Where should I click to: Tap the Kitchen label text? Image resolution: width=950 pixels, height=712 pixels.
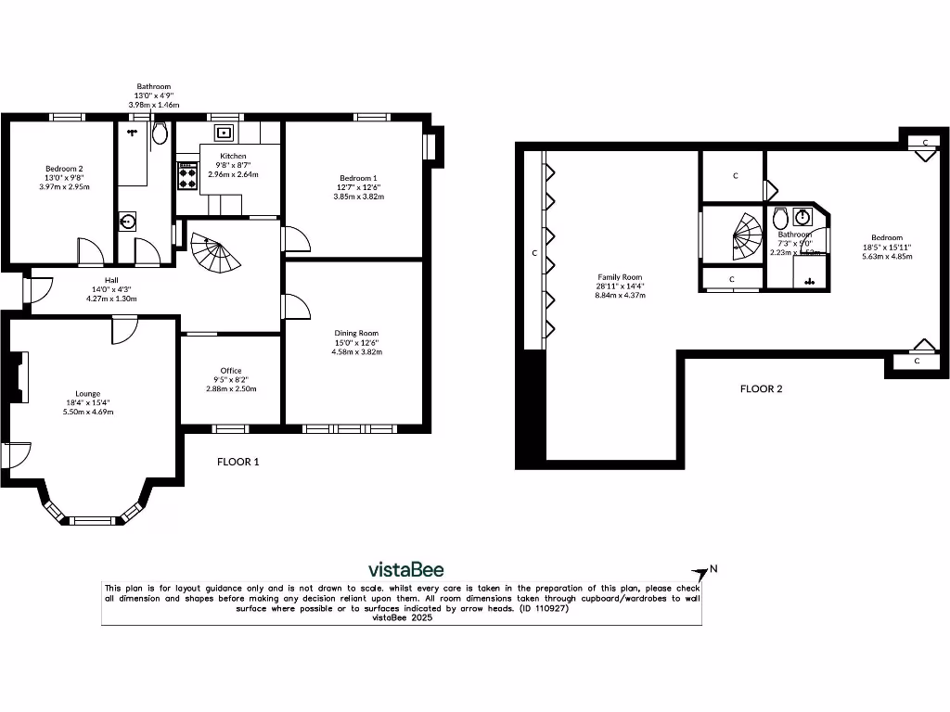[x=233, y=156]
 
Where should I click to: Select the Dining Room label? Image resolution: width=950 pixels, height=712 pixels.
[x=356, y=333]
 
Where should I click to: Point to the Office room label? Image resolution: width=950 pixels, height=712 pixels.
[x=231, y=371]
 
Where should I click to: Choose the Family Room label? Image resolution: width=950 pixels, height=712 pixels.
[x=620, y=276]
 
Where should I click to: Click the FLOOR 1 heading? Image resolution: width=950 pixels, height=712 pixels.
[x=238, y=462]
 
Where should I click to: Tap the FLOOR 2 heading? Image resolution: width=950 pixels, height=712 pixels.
[x=761, y=389]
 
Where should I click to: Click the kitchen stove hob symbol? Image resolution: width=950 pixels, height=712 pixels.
[x=187, y=176]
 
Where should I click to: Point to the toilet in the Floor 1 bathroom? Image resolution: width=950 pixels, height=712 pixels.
[x=159, y=134]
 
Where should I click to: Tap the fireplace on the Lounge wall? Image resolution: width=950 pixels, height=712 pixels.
[x=15, y=378]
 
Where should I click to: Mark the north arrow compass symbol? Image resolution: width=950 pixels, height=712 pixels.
[x=702, y=572]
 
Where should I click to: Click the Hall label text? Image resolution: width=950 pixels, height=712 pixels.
[x=111, y=279]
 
